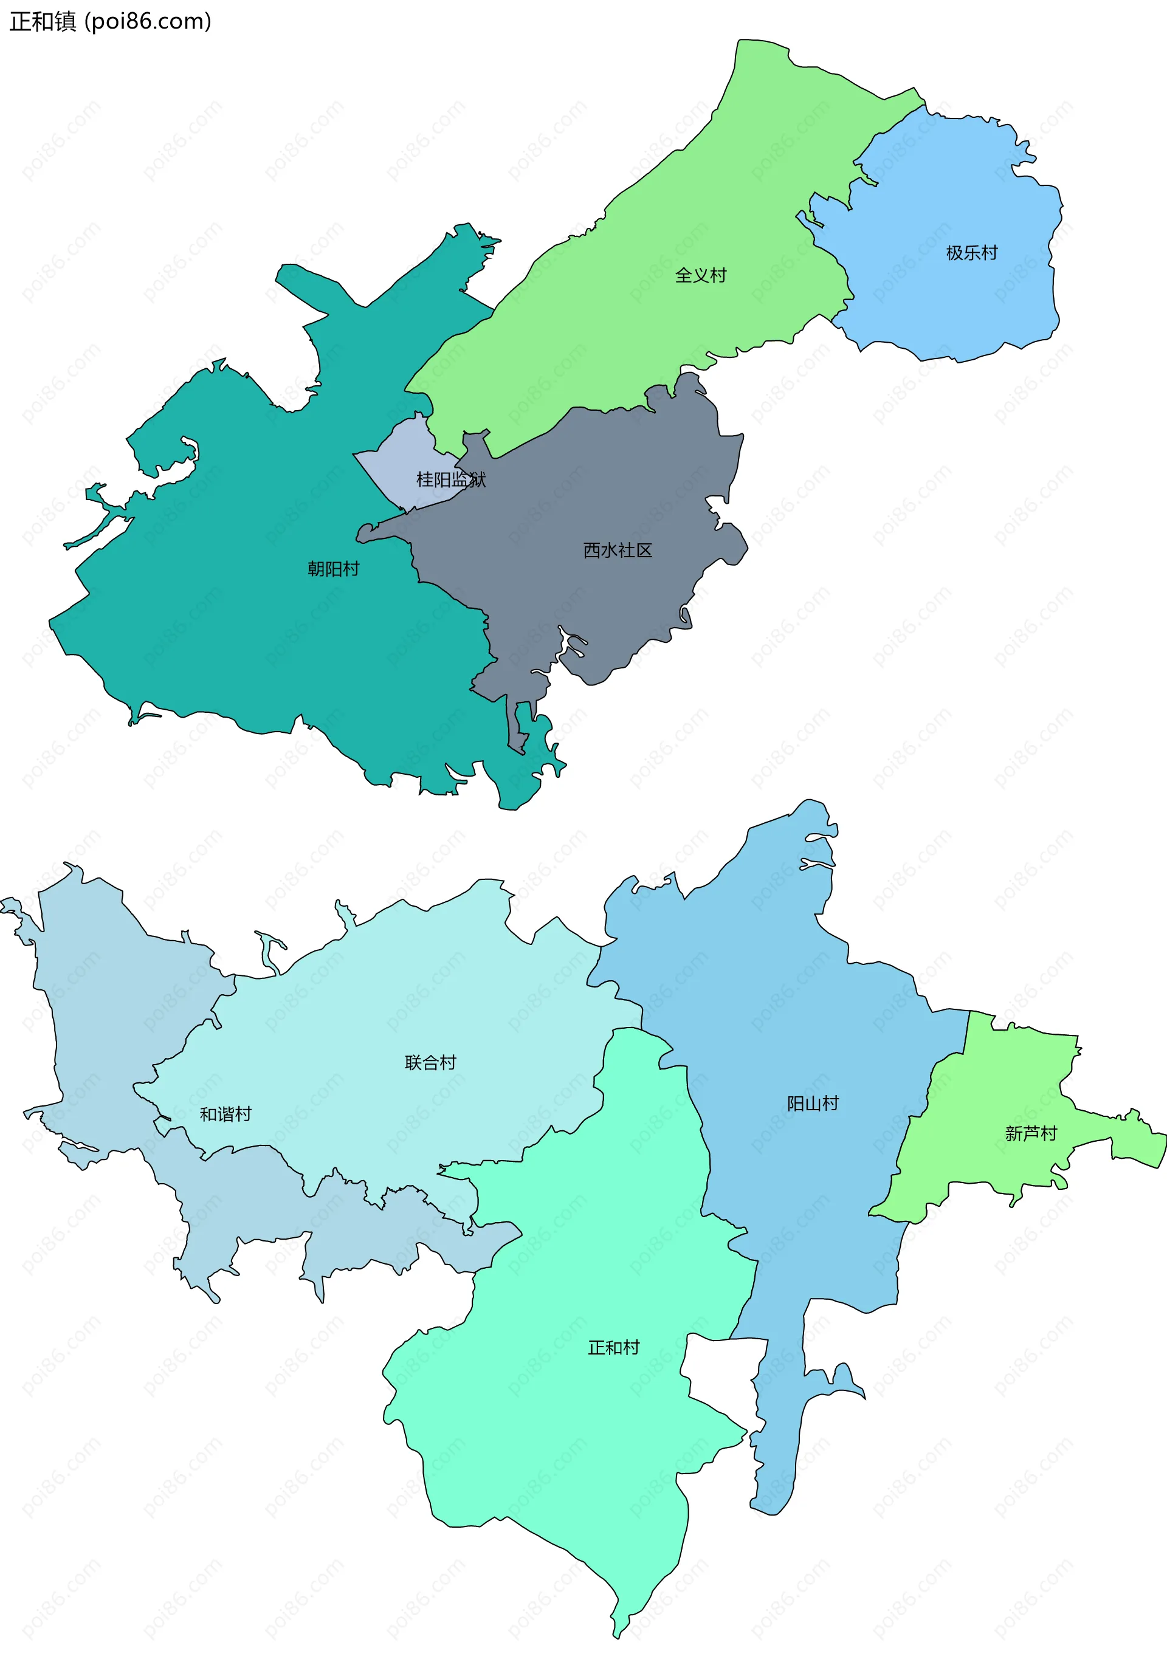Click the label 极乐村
point(971,253)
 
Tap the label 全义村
point(700,275)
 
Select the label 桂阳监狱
point(450,479)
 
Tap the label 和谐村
point(225,1114)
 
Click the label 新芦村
point(1030,1133)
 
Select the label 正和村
point(613,1347)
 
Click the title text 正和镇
point(43,21)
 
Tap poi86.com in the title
point(148,21)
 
